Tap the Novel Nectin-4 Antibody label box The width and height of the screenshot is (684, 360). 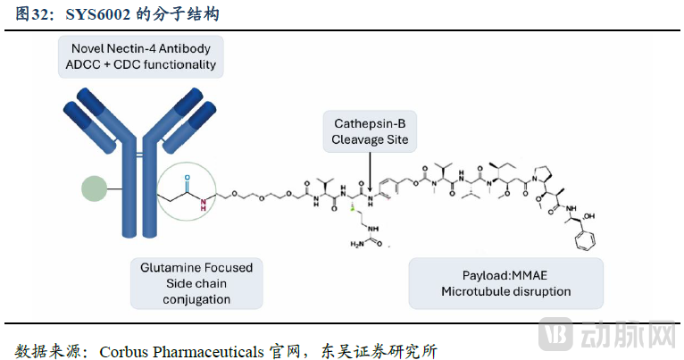point(140,56)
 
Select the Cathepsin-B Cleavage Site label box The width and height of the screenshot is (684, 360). point(369,131)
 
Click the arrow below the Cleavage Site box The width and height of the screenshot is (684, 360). point(370,171)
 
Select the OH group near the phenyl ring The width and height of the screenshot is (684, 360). point(599,216)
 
